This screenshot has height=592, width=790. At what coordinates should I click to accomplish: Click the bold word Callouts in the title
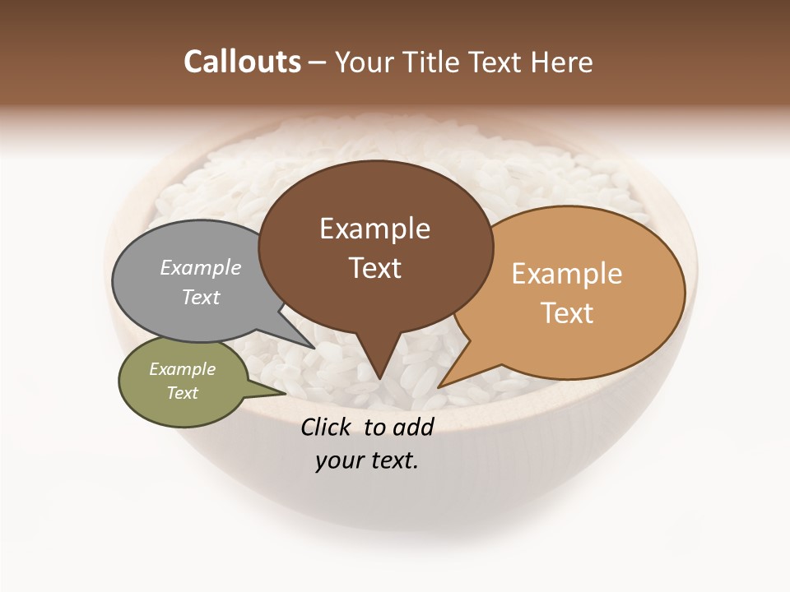pos(242,62)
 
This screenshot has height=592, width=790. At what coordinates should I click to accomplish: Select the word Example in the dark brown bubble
pos(374,229)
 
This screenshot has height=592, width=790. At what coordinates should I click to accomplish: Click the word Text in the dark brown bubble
pos(375,268)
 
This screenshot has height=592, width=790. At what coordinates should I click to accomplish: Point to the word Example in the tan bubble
pos(567,274)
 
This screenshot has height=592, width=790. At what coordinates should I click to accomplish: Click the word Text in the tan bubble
pos(568,313)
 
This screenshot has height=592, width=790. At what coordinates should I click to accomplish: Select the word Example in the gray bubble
pos(201,268)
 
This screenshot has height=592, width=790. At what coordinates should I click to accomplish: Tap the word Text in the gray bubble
pos(201,297)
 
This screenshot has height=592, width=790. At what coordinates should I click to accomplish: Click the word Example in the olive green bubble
pos(183,369)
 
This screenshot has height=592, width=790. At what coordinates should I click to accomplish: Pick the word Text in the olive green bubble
pos(183,393)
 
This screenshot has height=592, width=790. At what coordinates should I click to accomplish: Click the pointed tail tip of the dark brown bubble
pos(379,379)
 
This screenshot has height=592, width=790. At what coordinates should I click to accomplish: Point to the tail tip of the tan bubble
pos(439,387)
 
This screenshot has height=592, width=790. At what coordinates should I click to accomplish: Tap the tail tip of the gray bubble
pos(315,349)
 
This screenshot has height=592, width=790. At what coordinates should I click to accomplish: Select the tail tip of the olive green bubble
pos(285,394)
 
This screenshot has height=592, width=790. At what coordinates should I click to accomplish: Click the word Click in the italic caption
pos(328,427)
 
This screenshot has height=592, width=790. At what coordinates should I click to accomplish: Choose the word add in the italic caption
pos(414,427)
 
